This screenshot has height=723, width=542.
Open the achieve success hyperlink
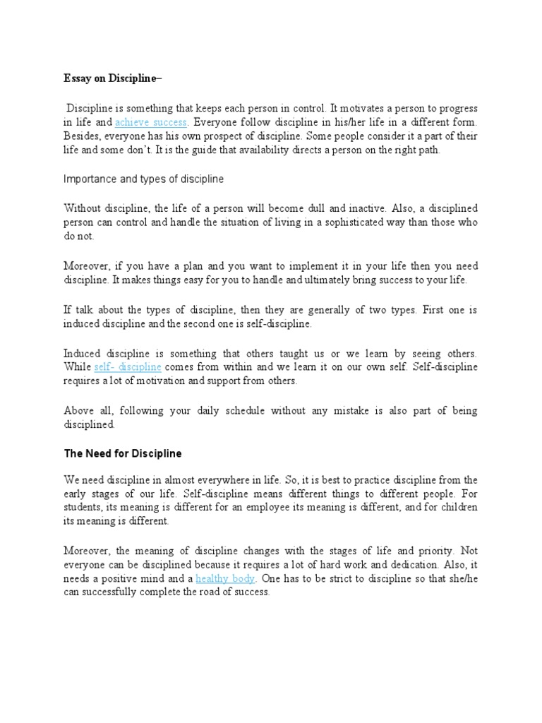point(142,121)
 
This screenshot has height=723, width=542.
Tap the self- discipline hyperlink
point(128,367)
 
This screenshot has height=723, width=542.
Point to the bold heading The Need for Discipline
point(123,453)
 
